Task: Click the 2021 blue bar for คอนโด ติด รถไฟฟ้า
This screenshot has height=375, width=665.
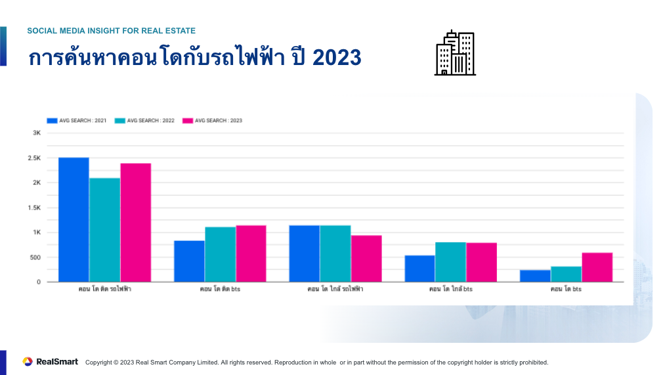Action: pyautogui.click(x=74, y=219)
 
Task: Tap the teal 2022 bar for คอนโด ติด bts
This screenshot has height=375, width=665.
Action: pyautogui.click(x=220, y=254)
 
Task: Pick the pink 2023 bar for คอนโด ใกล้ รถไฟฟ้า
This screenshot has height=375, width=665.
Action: pyautogui.click(x=366, y=258)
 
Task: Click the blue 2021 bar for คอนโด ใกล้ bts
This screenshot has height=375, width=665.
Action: pyautogui.click(x=419, y=268)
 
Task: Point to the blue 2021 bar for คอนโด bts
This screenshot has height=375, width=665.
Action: pyautogui.click(x=535, y=276)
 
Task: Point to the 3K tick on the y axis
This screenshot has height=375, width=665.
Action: pyautogui.click(x=37, y=133)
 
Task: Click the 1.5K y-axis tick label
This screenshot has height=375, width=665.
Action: pyautogui.click(x=35, y=208)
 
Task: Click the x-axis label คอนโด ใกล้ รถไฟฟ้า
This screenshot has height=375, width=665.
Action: pyautogui.click(x=335, y=289)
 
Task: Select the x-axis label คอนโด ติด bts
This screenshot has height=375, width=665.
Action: pyautogui.click(x=221, y=289)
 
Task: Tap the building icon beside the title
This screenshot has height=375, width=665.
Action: pyautogui.click(x=455, y=53)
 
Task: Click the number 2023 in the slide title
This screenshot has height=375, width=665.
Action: pyautogui.click(x=337, y=58)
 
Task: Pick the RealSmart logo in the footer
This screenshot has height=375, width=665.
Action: pyautogui.click(x=51, y=362)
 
